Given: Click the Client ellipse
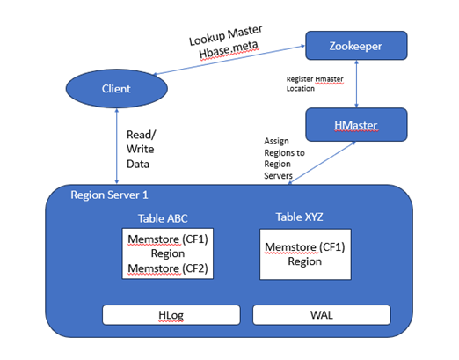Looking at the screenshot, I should [116, 88].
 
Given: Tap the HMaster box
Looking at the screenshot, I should [355, 125].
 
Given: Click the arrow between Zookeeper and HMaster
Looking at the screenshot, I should [355, 84].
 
